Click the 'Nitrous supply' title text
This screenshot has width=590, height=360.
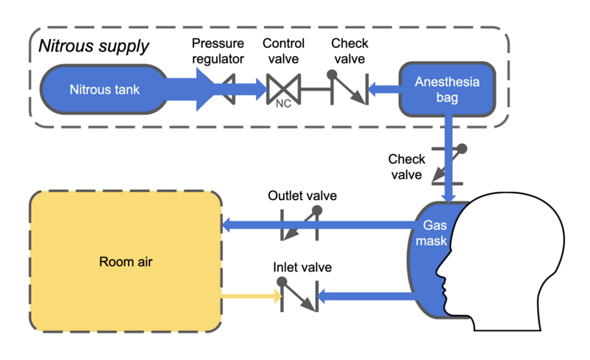click(94, 46)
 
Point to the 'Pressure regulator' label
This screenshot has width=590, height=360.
click(218, 52)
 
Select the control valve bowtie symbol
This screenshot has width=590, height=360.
click(282, 89)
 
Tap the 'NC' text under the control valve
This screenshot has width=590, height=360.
click(283, 105)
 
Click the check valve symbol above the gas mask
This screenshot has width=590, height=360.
click(448, 164)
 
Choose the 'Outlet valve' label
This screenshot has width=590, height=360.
click(302, 196)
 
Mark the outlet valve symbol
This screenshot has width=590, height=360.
click(300, 224)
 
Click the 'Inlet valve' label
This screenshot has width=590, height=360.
click(302, 267)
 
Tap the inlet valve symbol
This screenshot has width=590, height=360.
click(299, 297)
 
